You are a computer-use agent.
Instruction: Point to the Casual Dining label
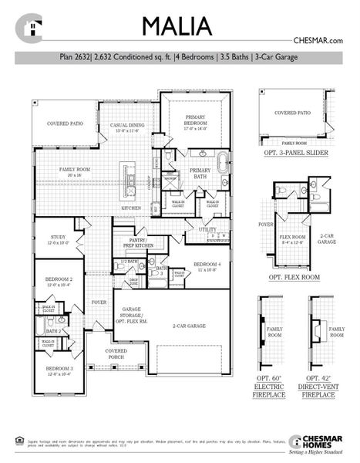129,127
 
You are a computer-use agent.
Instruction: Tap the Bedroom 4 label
207,266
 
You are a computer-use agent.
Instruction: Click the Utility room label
207,229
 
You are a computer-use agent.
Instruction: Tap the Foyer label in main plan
99,302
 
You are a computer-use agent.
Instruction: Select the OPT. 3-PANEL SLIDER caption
292,154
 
